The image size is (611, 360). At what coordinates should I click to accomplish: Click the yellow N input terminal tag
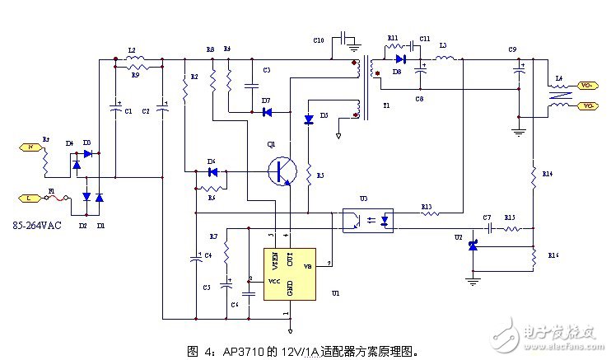click(x=27, y=147)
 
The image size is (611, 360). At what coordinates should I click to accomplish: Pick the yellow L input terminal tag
click(x=27, y=199)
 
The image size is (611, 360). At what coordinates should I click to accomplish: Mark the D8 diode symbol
click(x=400, y=58)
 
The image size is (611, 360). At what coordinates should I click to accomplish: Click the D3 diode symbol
click(x=310, y=119)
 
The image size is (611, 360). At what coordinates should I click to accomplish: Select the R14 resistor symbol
click(x=533, y=174)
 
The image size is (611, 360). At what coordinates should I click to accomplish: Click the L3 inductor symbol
click(x=445, y=58)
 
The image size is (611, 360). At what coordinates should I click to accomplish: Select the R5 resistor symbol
click(x=307, y=175)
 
